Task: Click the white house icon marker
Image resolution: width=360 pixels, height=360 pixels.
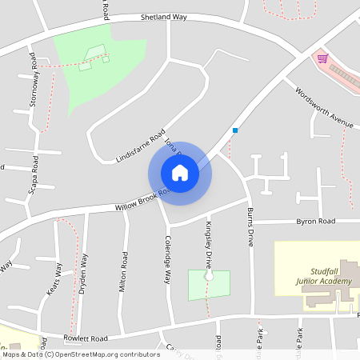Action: tap(180, 173)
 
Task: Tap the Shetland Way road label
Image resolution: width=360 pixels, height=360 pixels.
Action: tap(163, 16)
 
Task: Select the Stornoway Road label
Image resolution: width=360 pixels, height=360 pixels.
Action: tap(34, 80)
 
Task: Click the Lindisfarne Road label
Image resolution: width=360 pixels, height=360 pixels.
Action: tap(140, 146)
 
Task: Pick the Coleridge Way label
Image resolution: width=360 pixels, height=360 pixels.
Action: tap(169, 258)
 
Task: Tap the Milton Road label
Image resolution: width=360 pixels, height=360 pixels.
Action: tap(124, 271)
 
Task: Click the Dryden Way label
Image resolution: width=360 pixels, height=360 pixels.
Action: tap(82, 274)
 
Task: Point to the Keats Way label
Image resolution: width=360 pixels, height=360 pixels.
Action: tap(54, 279)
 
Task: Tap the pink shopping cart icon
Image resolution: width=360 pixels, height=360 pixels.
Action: tap(322, 58)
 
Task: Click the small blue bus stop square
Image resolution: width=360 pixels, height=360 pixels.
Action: tap(235, 130)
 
